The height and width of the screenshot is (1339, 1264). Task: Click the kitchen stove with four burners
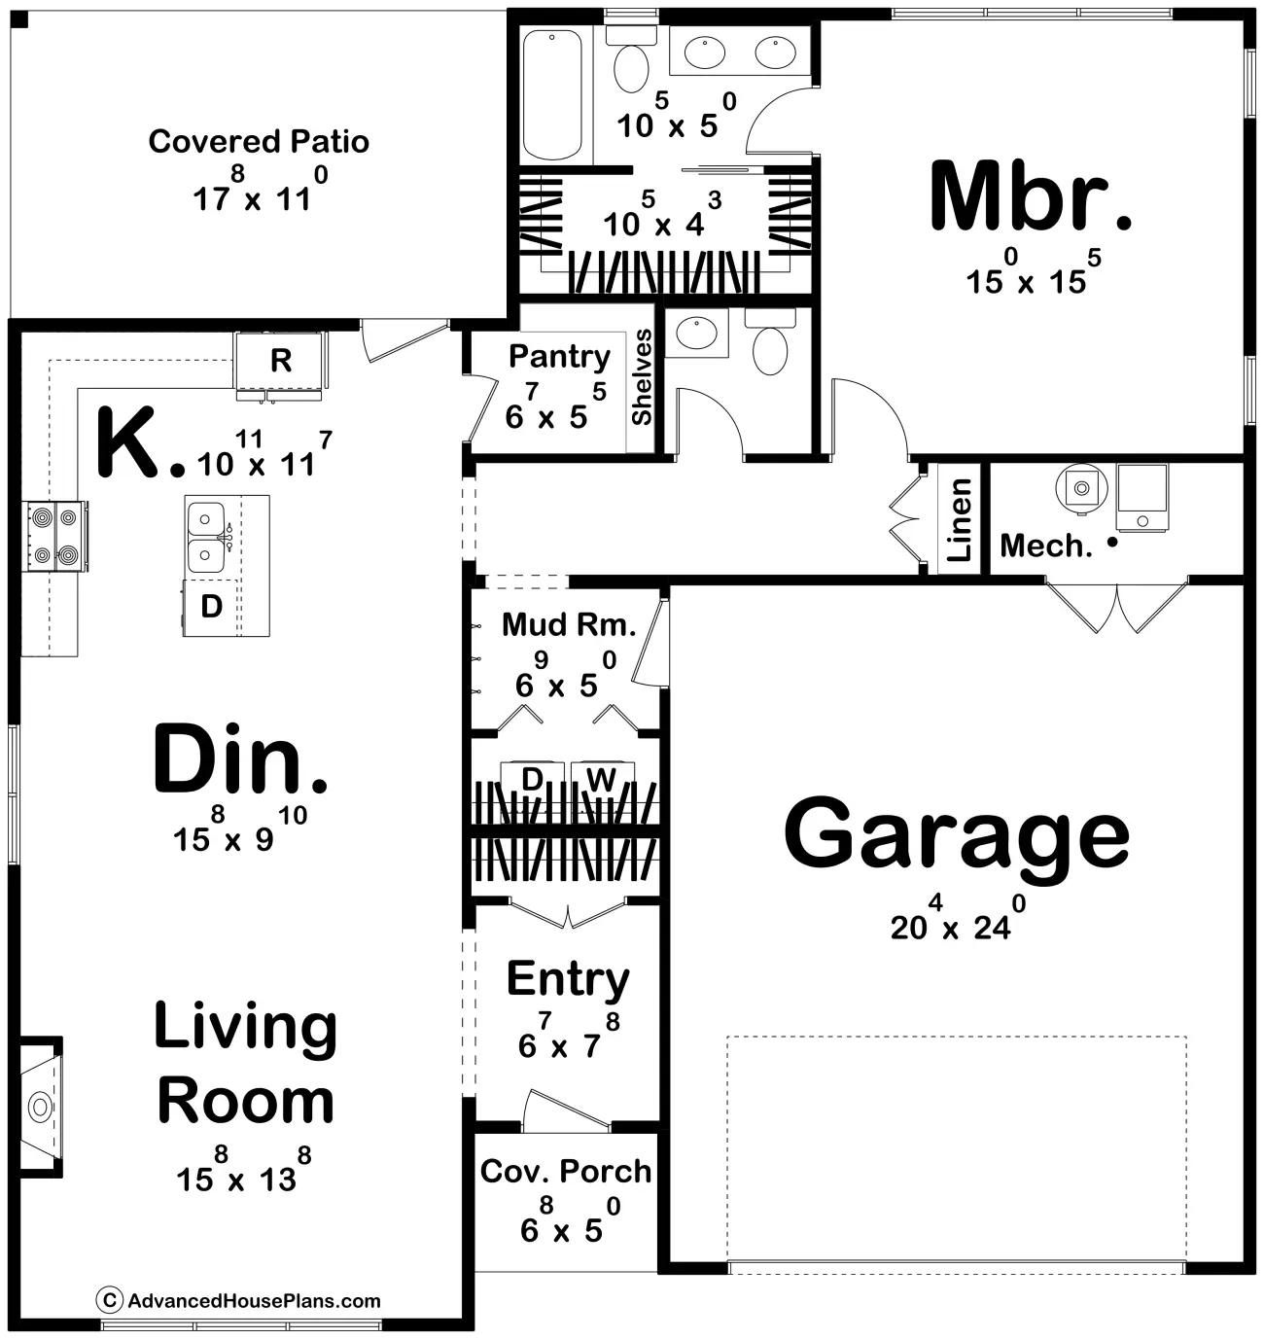(x=55, y=536)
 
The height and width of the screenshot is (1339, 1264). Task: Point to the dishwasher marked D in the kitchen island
(x=211, y=607)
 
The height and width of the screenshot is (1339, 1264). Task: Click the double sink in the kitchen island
(x=206, y=537)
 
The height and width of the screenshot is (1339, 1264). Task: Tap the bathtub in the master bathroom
(x=552, y=93)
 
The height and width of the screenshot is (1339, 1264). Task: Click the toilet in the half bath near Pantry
(x=770, y=341)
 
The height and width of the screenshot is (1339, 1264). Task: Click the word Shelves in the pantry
(x=642, y=377)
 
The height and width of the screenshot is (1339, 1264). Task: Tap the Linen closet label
(x=959, y=520)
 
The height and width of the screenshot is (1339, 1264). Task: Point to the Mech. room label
(x=1046, y=546)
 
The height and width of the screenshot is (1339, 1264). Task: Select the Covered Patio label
(x=259, y=142)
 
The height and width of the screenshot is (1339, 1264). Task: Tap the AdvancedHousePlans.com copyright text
(x=239, y=1300)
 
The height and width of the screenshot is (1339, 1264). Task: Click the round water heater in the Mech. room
(x=1081, y=488)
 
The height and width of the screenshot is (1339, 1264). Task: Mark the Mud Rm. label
(x=569, y=625)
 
